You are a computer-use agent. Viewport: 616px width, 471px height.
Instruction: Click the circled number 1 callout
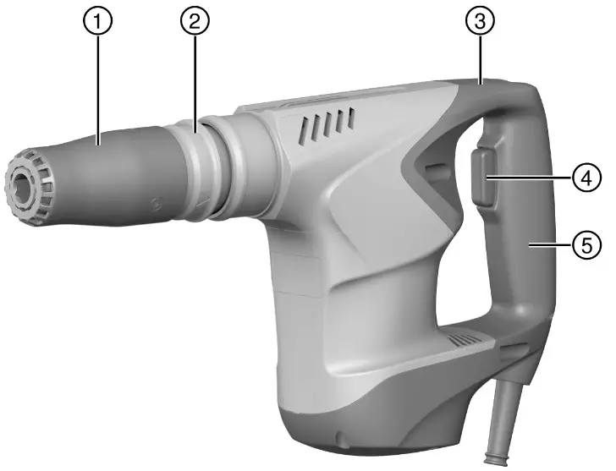coord(98,23)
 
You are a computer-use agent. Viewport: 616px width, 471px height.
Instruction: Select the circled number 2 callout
coord(194,23)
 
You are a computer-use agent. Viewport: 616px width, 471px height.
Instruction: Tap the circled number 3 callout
coord(480,23)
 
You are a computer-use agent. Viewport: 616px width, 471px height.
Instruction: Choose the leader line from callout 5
coord(550,245)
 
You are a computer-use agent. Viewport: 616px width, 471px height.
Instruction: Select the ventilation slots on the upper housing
coord(325,128)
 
